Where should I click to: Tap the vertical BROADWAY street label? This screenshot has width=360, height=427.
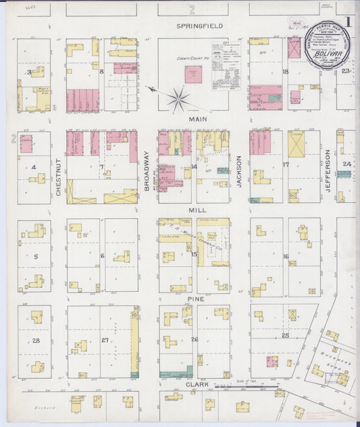(x=147, y=172)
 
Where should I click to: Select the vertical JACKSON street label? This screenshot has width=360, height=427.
(x=239, y=171)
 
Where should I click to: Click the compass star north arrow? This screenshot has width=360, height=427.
(x=178, y=100)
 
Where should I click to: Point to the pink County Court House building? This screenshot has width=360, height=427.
(x=194, y=74)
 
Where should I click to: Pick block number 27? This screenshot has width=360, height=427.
(x=103, y=340)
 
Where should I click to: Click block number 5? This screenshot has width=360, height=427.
(x=34, y=257)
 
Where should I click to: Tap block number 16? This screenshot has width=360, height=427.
(x=286, y=257)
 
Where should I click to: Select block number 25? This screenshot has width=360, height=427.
(x=285, y=335)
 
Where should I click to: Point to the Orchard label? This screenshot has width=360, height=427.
(x=47, y=409)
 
